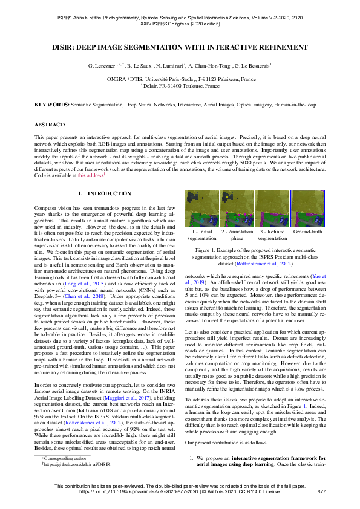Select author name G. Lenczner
(x=106, y=65)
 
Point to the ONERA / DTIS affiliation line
(x=180, y=78)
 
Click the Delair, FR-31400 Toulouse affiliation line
(x=180, y=86)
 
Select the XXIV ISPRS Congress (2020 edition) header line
(x=180, y=25)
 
